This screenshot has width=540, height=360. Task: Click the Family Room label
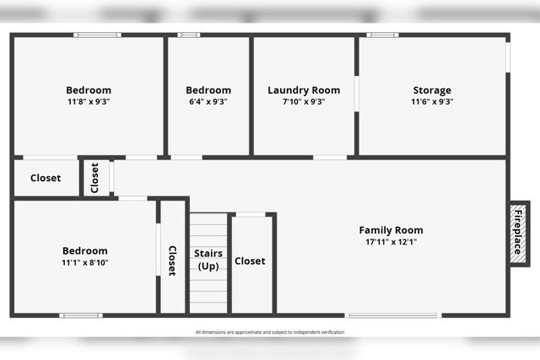pyautogui.click(x=391, y=230)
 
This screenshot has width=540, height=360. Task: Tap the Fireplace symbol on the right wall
pyautogui.click(x=517, y=232)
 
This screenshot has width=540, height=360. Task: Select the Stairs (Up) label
pyautogui.click(x=208, y=259)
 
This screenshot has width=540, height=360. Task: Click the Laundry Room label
pyautogui.click(x=304, y=90)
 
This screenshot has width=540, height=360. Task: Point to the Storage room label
pyautogui.click(x=432, y=90)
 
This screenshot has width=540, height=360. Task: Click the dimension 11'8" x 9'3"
pyautogui.click(x=89, y=101)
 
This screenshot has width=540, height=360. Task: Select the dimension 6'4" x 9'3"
pyautogui.click(x=208, y=101)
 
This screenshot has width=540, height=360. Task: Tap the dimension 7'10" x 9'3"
pyautogui.click(x=304, y=101)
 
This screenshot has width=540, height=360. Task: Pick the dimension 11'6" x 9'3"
pyautogui.click(x=432, y=101)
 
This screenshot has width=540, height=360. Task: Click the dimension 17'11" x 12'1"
pyautogui.click(x=391, y=242)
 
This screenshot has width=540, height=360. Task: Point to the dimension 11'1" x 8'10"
pyautogui.click(x=85, y=262)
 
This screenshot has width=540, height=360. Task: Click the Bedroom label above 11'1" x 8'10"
pyautogui.click(x=85, y=250)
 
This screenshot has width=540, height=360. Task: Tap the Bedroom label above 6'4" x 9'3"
pyautogui.click(x=208, y=90)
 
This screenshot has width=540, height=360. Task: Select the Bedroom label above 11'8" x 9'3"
pyautogui.click(x=89, y=90)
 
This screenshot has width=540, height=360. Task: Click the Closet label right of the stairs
pyautogui.click(x=250, y=261)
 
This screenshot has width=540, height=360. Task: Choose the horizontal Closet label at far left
pyautogui.click(x=46, y=178)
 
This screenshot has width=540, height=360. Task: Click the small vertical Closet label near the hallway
pyautogui.click(x=94, y=178)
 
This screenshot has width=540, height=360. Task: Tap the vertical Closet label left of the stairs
pyautogui.click(x=172, y=261)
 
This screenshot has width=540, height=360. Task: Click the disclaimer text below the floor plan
pyautogui.click(x=270, y=332)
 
